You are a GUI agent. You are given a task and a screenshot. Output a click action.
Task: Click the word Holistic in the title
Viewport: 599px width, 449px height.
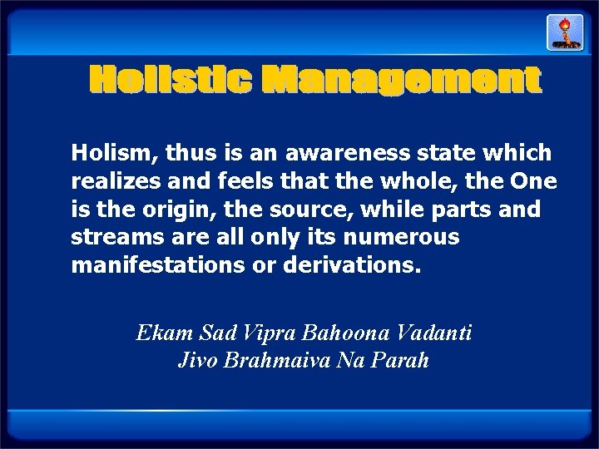169,81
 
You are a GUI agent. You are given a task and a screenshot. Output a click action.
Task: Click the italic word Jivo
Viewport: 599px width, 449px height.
196,362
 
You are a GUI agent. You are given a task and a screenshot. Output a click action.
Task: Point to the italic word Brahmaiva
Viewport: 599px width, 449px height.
270,362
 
